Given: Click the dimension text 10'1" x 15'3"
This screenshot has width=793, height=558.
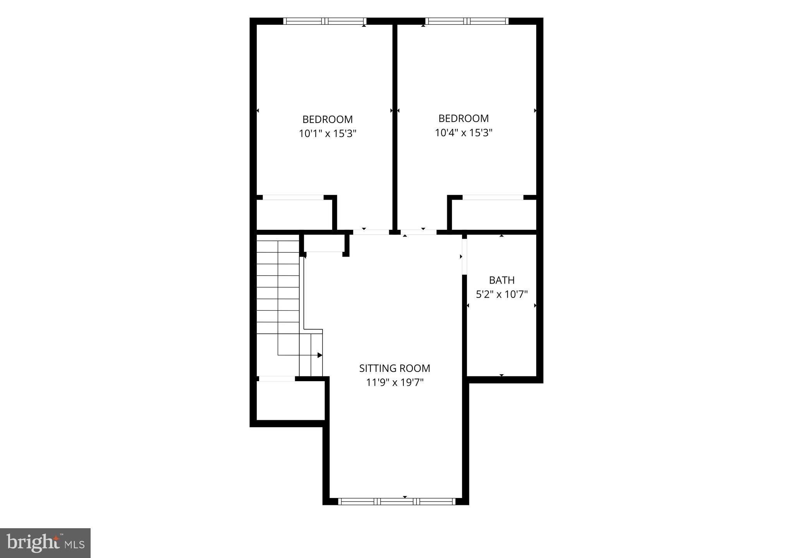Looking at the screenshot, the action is [x=328, y=134].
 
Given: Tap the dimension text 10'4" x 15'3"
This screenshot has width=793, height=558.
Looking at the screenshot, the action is [x=463, y=133].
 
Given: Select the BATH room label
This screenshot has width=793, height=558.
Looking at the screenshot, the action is [x=502, y=280].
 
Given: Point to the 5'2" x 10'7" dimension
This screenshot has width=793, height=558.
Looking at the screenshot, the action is [x=502, y=294].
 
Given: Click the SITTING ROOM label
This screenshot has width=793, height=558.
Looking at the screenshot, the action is [x=395, y=368].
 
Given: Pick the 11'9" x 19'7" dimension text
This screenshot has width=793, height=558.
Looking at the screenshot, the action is [x=395, y=382].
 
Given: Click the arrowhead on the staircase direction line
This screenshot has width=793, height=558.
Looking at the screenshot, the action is [x=320, y=355].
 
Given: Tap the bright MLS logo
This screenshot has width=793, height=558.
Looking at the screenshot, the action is [x=45, y=543].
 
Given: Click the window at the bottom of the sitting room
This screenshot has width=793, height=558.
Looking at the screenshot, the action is [x=396, y=501].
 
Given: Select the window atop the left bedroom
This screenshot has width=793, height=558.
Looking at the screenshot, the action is [x=325, y=21].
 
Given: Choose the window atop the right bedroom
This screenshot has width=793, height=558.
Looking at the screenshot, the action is [x=467, y=21].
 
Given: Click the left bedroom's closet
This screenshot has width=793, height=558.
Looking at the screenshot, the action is [x=294, y=214].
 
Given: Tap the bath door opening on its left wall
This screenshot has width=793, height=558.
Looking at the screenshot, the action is [x=465, y=257].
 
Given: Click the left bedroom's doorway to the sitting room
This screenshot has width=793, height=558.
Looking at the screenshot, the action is [x=371, y=232].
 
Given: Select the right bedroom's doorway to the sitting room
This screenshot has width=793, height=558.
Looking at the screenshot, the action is [x=419, y=232].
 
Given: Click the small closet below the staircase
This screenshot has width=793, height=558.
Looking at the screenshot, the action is [x=290, y=400].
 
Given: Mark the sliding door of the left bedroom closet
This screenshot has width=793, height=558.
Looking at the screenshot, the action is [x=293, y=197].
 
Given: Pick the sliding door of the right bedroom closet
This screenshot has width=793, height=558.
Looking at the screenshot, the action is [x=493, y=197].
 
